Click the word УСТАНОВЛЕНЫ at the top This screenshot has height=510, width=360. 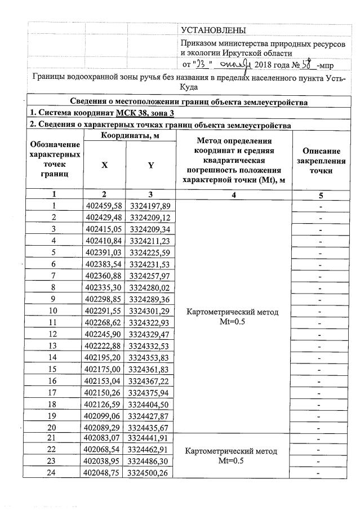(x=214, y=30)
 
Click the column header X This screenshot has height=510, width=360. (x=104, y=165)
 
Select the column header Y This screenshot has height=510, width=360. (x=150, y=165)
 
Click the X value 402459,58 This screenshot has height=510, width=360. (x=104, y=206)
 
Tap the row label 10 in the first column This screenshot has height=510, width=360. (x=54, y=311)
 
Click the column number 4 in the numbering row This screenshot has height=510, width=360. (x=234, y=194)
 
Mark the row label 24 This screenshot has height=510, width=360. (x=54, y=473)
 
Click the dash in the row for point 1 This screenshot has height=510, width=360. (x=320, y=206)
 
